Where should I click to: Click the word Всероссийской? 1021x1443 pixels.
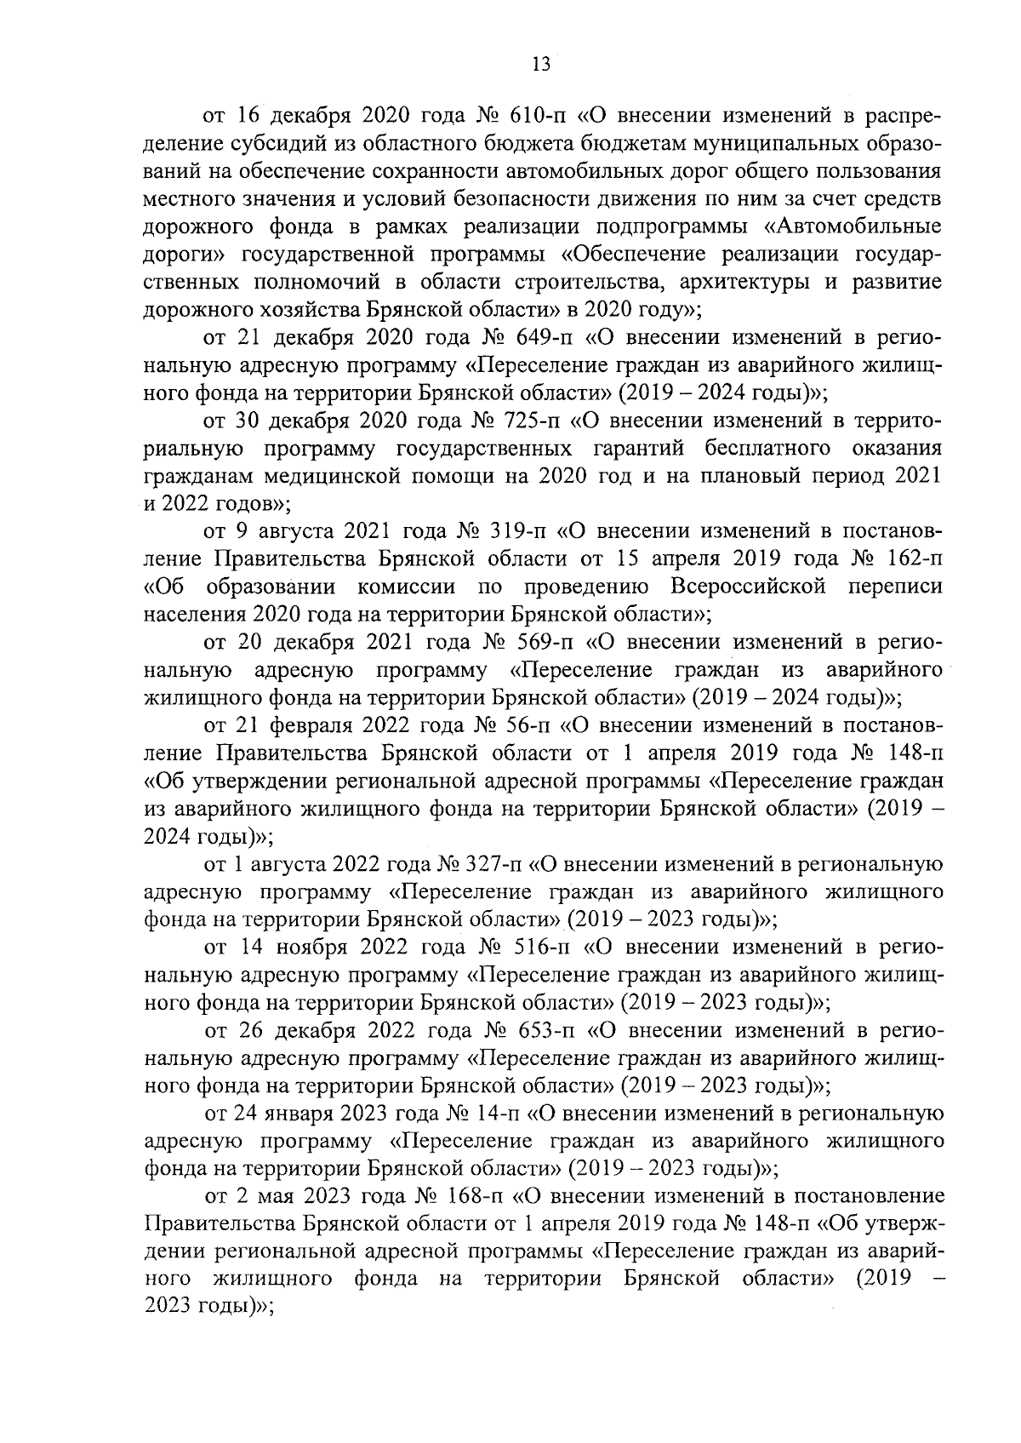pyautogui.click(x=749, y=587)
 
